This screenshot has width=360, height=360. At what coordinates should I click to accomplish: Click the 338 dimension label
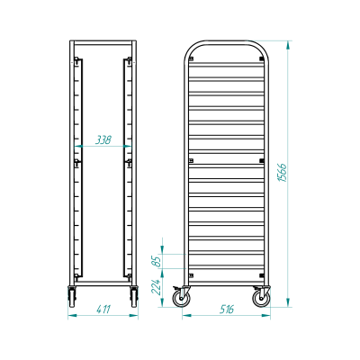(x=103, y=139)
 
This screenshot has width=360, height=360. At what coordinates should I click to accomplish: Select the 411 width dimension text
(x=103, y=309)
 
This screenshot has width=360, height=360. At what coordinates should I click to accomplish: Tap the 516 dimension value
(x=227, y=309)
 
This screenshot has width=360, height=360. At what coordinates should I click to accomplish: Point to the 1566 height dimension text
(x=283, y=173)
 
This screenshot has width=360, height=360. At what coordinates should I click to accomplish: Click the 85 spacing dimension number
(x=157, y=261)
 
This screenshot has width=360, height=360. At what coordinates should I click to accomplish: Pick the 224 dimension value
(x=157, y=286)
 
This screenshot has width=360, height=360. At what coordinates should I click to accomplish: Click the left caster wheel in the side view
(x=181, y=298)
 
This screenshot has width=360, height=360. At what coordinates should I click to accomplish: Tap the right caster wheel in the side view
(x=261, y=298)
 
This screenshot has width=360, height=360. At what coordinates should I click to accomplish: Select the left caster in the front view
(x=72, y=296)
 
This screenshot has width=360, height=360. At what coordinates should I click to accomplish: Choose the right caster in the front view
(x=134, y=296)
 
